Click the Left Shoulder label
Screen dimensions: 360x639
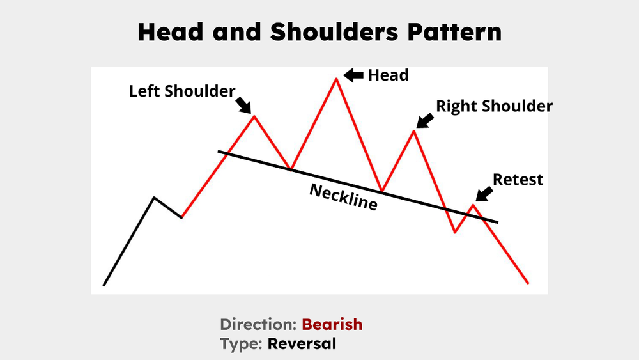[182, 91]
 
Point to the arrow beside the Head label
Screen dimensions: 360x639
[353, 75]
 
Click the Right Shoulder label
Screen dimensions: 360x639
[494, 106]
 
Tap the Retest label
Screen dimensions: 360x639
[518, 180]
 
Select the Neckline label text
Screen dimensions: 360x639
[343, 198]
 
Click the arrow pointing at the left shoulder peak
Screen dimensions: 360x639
[243, 103]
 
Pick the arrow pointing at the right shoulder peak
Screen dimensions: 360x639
[425, 120]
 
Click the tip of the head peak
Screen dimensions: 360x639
[335, 79]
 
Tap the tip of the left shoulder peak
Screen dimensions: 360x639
[254, 116]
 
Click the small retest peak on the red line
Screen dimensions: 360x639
[473, 205]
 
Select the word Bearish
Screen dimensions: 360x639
[332, 324]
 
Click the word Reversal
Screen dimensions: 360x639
[302, 343]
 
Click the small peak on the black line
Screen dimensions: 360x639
[154, 198]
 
